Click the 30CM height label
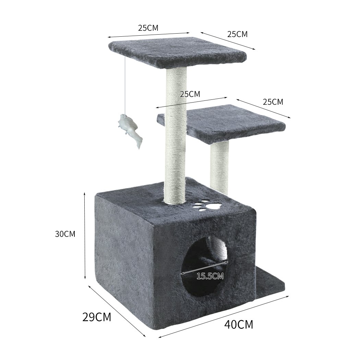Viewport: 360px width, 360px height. [x=65, y=234]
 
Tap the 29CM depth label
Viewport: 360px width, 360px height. [x=97, y=317]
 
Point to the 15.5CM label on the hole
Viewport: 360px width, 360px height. [x=210, y=275]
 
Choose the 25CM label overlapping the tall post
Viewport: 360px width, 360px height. [x=190, y=94]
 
